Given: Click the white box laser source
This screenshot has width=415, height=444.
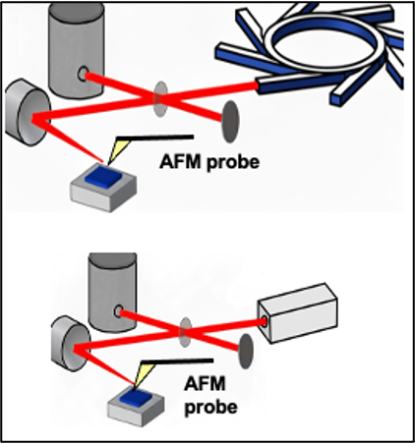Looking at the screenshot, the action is click(298, 312).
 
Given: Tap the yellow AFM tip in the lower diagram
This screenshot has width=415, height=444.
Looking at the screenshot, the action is click(142, 373).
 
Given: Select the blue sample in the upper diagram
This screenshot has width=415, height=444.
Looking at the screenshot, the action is click(103, 177).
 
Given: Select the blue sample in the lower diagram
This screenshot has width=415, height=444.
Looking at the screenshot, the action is click(136, 397).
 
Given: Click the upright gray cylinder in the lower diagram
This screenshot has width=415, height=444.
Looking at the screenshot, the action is click(113, 292).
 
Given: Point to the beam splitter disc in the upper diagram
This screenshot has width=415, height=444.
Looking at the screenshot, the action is click(160, 99).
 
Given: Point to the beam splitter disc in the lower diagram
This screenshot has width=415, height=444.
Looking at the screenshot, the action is click(186, 332).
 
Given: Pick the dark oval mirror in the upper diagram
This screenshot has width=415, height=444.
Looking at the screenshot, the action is click(231, 122).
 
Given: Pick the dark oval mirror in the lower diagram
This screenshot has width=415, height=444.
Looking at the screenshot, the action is click(246, 352).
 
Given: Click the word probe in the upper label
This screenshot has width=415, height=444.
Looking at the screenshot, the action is click(233, 163).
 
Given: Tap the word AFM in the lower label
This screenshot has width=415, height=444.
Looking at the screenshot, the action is click(205, 384).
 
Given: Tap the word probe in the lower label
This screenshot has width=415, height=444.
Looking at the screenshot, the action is click(211, 408).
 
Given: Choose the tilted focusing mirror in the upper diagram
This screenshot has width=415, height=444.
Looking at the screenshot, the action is click(28, 112).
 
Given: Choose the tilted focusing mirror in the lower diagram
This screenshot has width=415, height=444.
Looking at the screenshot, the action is click(71, 344).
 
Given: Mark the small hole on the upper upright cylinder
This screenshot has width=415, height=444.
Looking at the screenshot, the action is click(83, 74).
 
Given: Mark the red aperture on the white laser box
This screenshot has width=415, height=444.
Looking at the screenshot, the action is click(264, 321).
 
